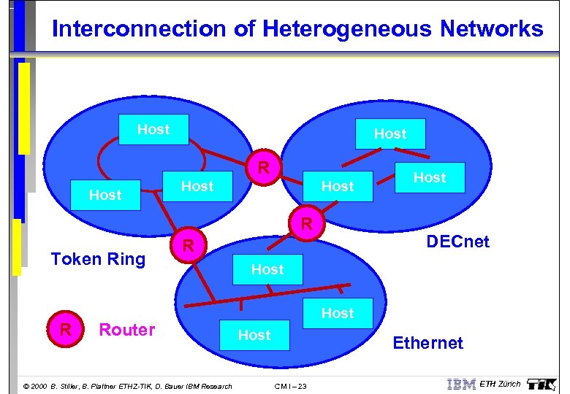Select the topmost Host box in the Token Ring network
coord(153,130)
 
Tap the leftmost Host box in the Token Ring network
coord(105,195)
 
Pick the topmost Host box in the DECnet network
coord(390,134)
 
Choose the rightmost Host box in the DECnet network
coord(430,177)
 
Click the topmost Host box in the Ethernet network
coord(267,269)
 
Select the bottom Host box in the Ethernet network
coord(254,335)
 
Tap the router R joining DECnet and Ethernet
coord(308,223)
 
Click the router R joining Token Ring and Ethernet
coord(188,247)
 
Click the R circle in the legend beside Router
coord(65,331)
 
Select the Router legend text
coord(127,330)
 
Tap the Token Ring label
coord(98,259)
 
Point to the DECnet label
coord(457,242)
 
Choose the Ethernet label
coord(427,343)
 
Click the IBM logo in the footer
coord(461,385)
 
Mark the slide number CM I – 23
coord(291,386)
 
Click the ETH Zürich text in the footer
coord(500,385)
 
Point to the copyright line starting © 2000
coord(128,386)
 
